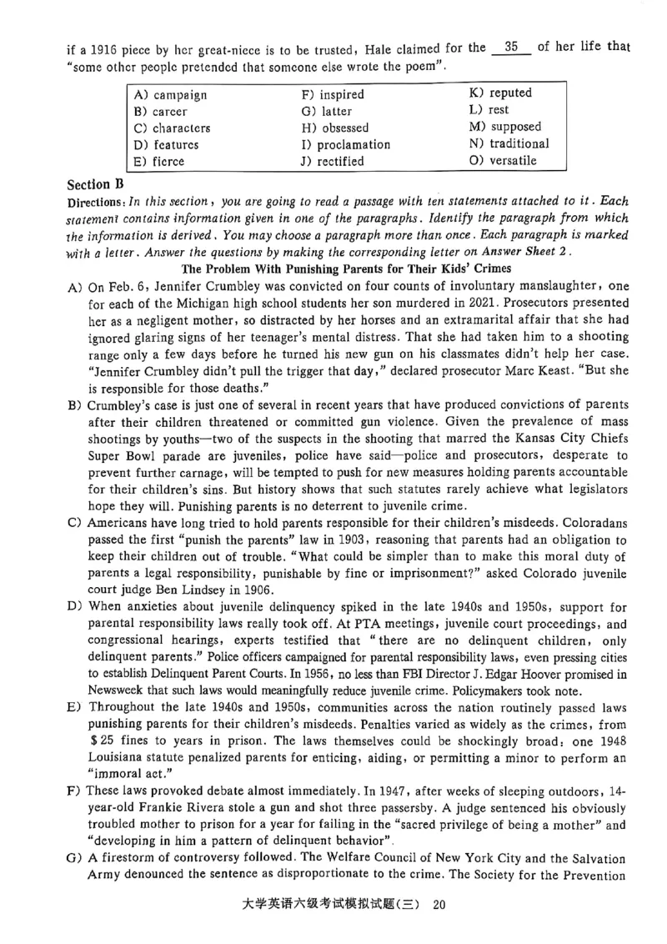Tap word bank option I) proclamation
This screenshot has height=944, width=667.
(x=345, y=144)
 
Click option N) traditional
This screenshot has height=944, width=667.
(x=509, y=143)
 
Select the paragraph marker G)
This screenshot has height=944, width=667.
(x=74, y=858)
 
